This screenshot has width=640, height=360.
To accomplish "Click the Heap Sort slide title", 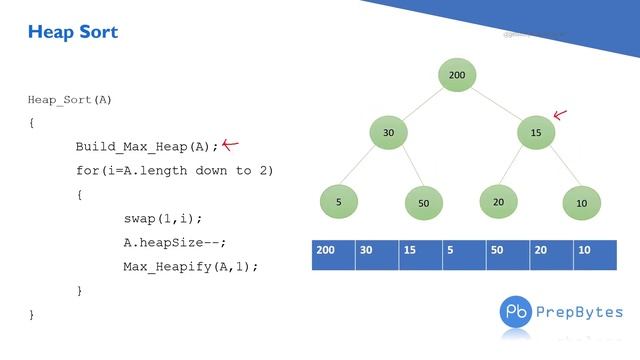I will point(73,32).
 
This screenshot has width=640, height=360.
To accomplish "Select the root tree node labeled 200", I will point(457,75).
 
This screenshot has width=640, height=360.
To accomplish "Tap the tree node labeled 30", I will point(389,133).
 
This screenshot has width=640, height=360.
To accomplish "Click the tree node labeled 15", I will point(536,133).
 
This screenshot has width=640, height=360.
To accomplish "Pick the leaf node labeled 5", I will point(339,202).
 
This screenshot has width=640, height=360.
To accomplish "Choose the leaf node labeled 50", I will point(423,203).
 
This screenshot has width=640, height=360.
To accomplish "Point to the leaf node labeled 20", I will point(498,201).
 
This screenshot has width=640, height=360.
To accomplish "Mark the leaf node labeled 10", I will point(581,203).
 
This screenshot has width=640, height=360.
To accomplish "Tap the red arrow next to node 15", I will point(560,115).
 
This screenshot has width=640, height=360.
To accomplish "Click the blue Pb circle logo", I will point(517,311).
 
